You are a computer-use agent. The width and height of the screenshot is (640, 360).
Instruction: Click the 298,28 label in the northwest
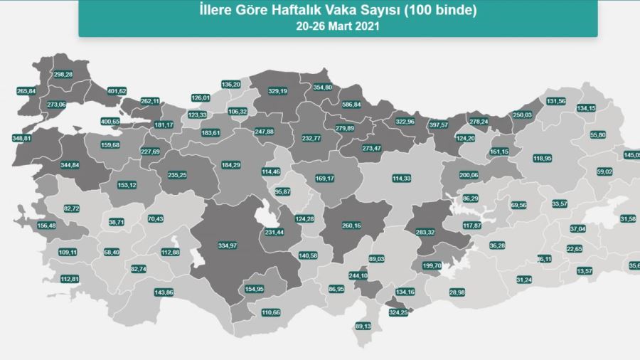coord(63,74)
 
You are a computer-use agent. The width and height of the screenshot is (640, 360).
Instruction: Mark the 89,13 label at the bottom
coord(363,327)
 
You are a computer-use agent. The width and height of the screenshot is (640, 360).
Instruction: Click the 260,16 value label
coord(351,226)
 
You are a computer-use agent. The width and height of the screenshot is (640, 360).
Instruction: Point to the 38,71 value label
coord(117,223)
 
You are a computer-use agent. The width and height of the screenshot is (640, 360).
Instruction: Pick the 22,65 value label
coord(575,248)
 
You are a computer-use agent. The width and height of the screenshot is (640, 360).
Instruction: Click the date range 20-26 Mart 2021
coord(338,26)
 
